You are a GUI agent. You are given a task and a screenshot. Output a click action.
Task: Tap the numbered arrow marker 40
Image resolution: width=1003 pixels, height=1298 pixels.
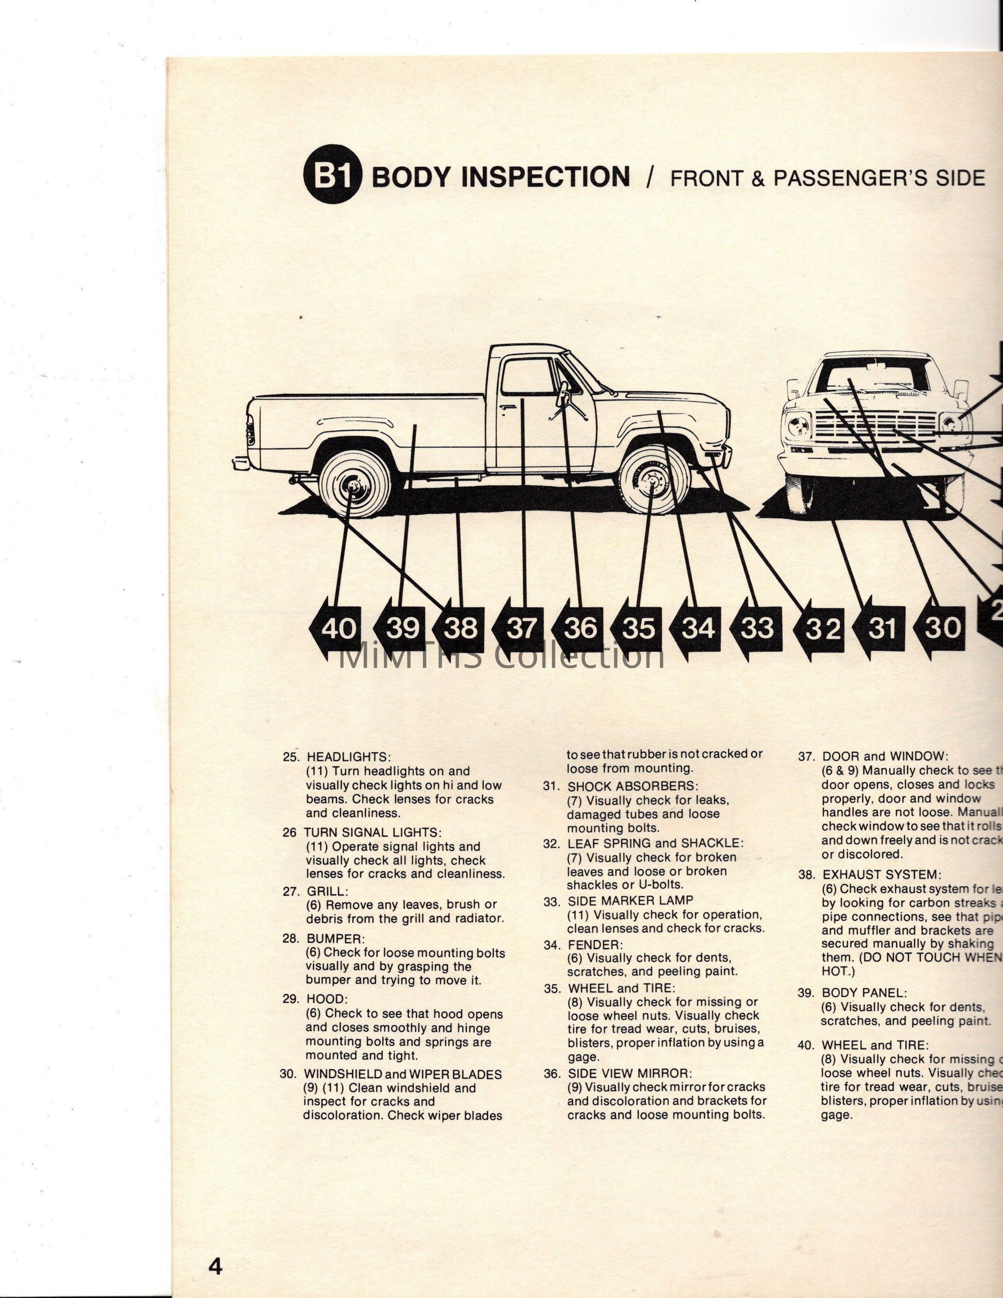[x=336, y=628]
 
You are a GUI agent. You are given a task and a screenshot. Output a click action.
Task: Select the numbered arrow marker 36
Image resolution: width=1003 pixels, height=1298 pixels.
[x=578, y=628]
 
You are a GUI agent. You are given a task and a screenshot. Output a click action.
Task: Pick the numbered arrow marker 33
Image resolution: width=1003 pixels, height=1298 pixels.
[x=755, y=628]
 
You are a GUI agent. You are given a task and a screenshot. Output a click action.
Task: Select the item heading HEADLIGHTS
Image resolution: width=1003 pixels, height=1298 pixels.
[x=348, y=757]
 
